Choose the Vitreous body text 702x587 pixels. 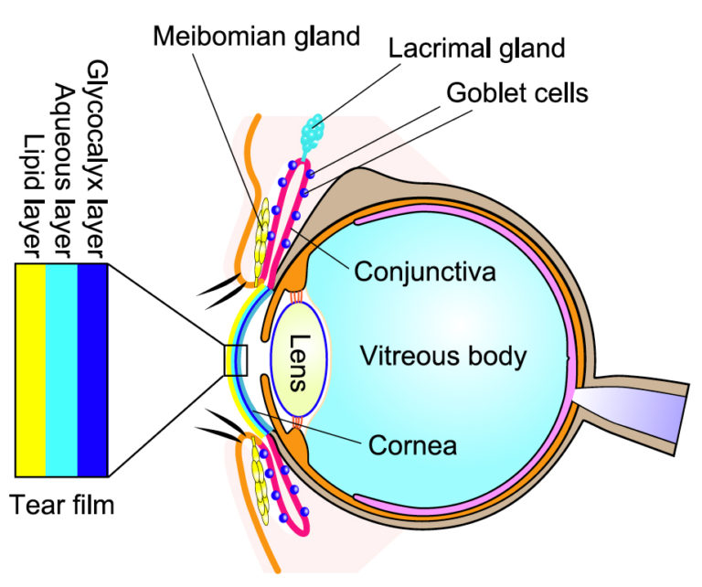coord(442,355)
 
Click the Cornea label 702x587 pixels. coord(411,446)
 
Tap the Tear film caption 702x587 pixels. coord(63,505)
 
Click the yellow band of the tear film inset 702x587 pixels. coord(31,369)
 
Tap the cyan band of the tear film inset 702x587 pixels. coord(62,369)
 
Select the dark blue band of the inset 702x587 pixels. coord(93,369)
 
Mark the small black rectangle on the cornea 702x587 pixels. coord(236,360)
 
